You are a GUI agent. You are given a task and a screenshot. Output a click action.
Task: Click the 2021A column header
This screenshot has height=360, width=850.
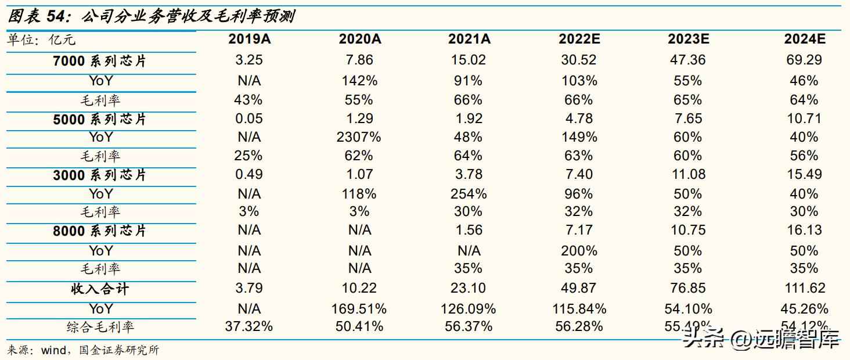tap(469, 39)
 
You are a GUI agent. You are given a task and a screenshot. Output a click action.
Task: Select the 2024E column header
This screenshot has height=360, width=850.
tap(804, 39)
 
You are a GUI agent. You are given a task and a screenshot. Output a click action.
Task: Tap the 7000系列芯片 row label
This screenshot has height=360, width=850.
tap(100, 60)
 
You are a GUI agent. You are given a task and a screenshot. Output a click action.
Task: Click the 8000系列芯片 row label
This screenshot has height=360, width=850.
tap(100, 231)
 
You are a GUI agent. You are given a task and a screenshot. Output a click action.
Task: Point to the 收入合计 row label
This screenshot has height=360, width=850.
tap(100, 289)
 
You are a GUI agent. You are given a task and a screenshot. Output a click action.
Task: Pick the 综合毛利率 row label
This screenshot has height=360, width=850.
tap(100, 327)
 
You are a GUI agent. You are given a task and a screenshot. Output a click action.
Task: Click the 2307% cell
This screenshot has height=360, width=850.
tap(359, 137)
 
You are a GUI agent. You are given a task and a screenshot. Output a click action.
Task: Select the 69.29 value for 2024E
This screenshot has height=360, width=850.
tap(804, 60)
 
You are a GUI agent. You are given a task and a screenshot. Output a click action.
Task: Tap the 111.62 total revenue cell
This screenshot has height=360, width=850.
tap(804, 288)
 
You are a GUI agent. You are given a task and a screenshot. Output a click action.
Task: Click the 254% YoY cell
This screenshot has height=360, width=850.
tap(469, 193)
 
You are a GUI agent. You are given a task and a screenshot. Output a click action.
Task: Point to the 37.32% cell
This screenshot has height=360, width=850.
tap(248, 326)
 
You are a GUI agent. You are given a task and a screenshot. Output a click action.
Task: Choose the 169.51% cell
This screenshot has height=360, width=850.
tap(359, 308)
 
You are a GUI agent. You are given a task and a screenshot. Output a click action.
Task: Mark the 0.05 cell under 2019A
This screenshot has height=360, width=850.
tap(248, 118)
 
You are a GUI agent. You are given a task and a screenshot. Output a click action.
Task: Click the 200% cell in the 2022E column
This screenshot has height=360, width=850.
tap(579, 251)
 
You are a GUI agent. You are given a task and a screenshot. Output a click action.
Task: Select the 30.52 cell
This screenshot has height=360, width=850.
tap(579, 60)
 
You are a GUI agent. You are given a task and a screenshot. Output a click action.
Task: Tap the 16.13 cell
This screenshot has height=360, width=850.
tap(804, 231)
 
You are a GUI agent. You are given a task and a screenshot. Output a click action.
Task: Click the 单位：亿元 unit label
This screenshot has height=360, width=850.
tap(41, 40)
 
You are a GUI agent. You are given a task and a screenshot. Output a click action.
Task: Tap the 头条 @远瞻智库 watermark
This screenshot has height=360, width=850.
tap(761, 339)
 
